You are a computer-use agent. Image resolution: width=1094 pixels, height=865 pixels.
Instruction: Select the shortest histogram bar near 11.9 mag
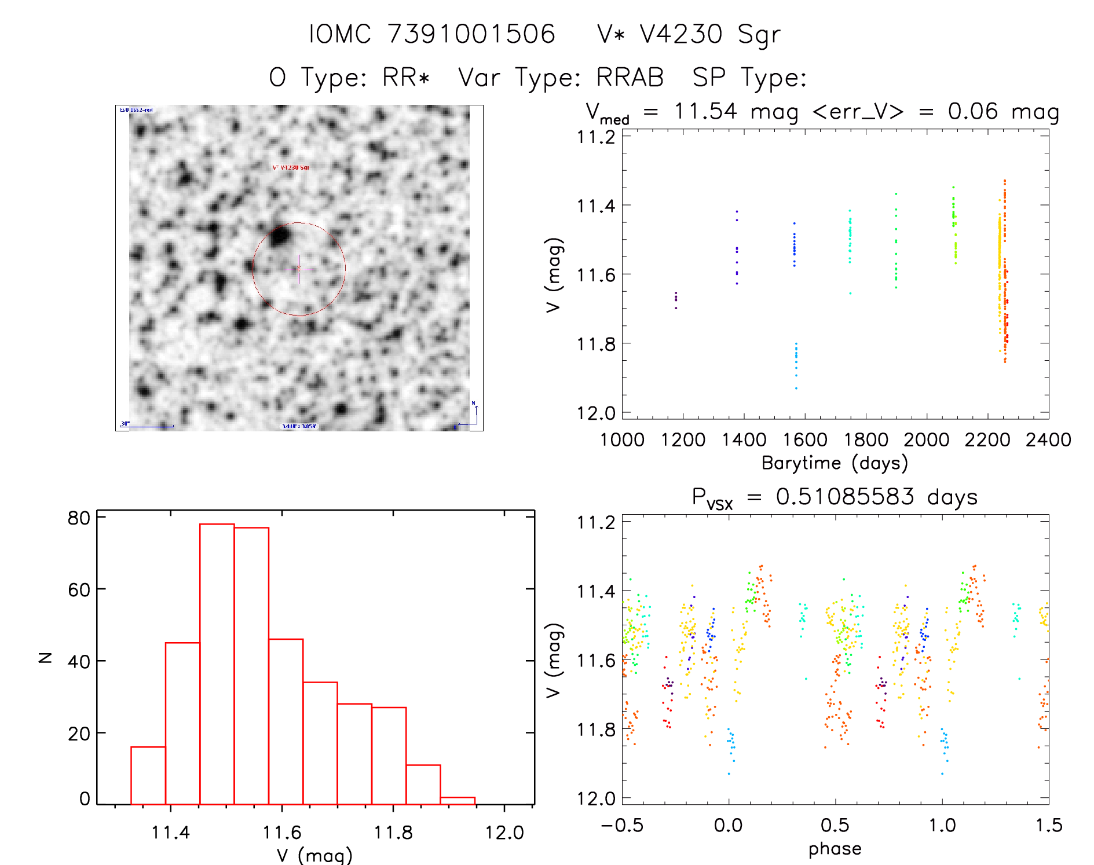[x=458, y=800]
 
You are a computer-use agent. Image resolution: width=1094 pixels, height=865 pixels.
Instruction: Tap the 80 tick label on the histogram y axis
[x=79, y=518]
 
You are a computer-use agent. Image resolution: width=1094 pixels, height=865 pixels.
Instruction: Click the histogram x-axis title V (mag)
[x=314, y=855]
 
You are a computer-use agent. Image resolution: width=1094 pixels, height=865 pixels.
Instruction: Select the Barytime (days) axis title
[x=835, y=463]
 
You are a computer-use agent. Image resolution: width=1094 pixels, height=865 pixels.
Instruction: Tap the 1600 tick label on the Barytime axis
[x=805, y=439]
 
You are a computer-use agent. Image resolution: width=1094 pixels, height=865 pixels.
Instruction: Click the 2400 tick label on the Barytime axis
[x=1048, y=439]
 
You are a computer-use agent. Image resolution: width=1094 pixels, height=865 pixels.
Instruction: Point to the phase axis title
[x=835, y=848]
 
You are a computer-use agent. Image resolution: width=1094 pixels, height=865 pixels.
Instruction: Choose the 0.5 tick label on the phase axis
[x=835, y=825]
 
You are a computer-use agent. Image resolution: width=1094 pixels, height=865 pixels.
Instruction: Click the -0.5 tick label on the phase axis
[x=622, y=825]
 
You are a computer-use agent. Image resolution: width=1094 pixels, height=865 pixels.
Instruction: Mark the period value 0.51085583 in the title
[x=845, y=497]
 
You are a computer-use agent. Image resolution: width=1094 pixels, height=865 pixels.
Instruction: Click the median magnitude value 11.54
[x=705, y=111]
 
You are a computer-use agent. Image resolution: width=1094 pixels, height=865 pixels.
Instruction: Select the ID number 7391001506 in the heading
[x=471, y=34]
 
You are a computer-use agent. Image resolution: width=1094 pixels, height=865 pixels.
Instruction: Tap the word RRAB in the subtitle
[x=630, y=77]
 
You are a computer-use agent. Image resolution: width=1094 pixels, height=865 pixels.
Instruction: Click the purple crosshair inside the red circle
[x=299, y=269]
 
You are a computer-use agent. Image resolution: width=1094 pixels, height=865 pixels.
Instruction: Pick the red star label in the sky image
[x=291, y=167]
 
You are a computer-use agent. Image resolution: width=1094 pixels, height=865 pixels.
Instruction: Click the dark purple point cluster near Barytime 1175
[x=676, y=299]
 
